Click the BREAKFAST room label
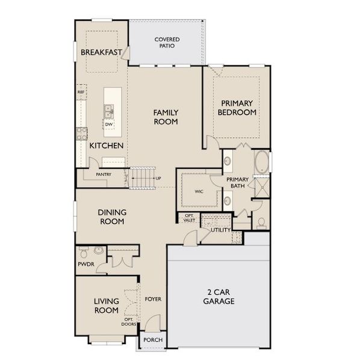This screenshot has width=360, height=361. pyautogui.click(x=101, y=52)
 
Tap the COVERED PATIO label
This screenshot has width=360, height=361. pyautogui.click(x=167, y=43)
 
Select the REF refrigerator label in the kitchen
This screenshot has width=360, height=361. pyautogui.click(x=81, y=92)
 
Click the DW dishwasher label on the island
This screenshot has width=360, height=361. pyautogui.click(x=109, y=125)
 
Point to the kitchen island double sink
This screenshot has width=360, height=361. pyautogui.click(x=108, y=111)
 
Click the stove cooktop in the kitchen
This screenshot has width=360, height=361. pyautogui.click(x=82, y=134)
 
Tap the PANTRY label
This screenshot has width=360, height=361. pyautogui.click(x=104, y=174)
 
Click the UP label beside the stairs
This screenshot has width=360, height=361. pyautogui.click(x=158, y=178)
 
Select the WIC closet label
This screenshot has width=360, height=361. pyautogui.click(x=199, y=191)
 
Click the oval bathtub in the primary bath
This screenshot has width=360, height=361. pyautogui.click(x=262, y=162)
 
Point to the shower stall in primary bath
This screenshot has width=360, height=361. pyautogui.click(x=262, y=188)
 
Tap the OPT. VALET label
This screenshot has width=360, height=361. pyautogui.click(x=189, y=218)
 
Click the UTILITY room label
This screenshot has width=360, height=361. pyautogui.click(x=221, y=230)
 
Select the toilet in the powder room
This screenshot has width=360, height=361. pyautogui.click(x=84, y=252)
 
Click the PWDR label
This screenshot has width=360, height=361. pyautogui.click(x=86, y=264)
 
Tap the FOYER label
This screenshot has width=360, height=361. pyautogui.click(x=153, y=299)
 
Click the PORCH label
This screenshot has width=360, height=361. pyautogui.click(x=153, y=339)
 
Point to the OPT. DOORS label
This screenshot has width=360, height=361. pyautogui.click(x=128, y=322)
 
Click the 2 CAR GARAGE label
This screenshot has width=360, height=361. pyautogui.click(x=219, y=297)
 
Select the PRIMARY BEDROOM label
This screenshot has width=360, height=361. pyautogui.click(x=237, y=108)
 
